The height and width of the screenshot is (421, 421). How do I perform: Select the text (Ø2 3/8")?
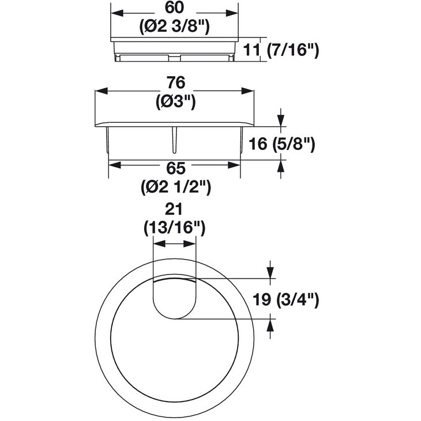pyautogui.click(x=174, y=26)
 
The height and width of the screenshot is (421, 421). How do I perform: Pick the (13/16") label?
pyautogui.click(x=175, y=228)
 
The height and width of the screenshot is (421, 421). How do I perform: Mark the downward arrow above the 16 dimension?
pyautogui.click(x=280, y=121)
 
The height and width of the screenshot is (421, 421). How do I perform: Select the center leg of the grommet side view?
pyautogui.click(x=175, y=138)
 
